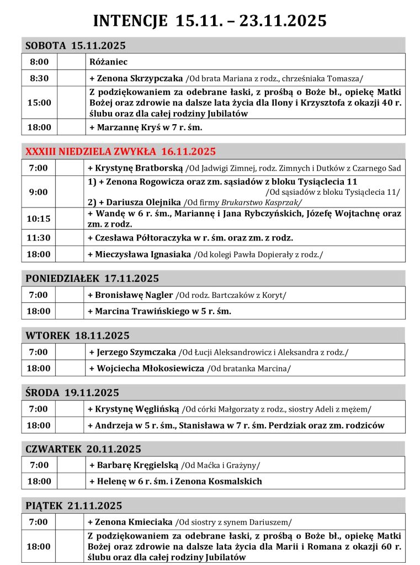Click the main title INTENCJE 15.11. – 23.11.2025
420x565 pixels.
pos(210,21)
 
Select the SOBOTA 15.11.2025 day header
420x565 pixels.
pos(76,45)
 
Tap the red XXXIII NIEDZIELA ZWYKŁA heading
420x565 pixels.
pos(120,151)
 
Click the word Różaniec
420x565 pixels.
pos(109,62)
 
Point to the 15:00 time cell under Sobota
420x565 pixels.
pos(39,102)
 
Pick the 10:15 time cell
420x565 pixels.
pos(39,218)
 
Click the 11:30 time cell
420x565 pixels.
pos(39,238)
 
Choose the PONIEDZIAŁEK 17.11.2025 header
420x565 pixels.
pos(92,279)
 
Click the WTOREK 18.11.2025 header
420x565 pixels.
pos(77,335)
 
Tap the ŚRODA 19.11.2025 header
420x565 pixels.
pos(72,393)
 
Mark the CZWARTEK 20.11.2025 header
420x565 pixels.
pos(83,449)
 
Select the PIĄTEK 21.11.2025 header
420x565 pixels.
pos(74,505)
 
